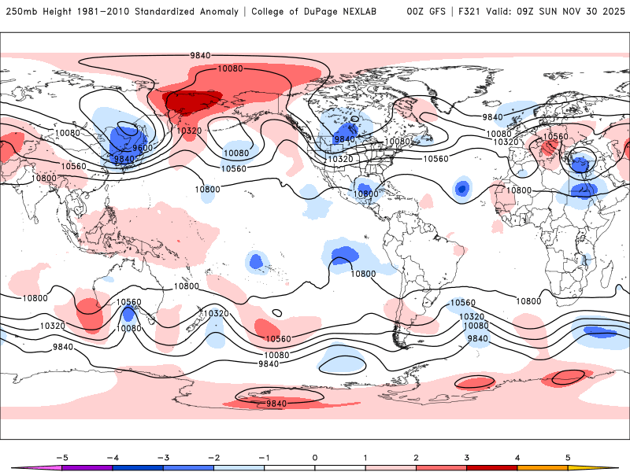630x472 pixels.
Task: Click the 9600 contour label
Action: click(x=143, y=148)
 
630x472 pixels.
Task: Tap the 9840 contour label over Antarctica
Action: click(x=276, y=403)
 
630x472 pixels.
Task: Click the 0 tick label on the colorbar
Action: click(x=315, y=457)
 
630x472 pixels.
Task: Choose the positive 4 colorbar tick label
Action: click(x=517, y=457)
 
